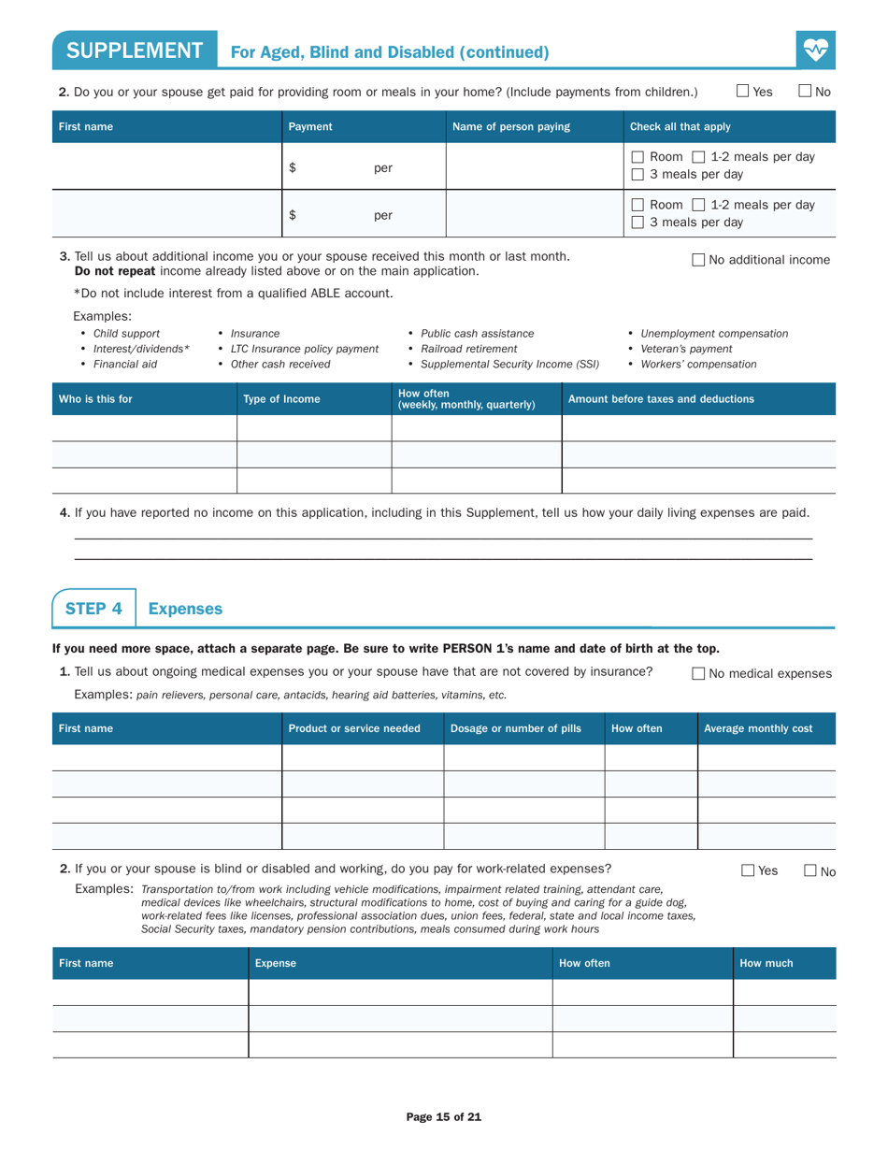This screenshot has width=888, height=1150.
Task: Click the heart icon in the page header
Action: click(816, 49)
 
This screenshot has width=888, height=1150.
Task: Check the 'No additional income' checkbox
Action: click(699, 260)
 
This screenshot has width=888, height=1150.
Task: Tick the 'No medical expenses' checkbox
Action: click(699, 673)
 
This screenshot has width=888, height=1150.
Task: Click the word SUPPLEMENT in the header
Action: click(135, 50)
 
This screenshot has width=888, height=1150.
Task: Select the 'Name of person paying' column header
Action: click(510, 126)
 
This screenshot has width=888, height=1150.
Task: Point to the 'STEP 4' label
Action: click(93, 609)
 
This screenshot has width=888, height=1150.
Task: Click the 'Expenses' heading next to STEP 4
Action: click(185, 609)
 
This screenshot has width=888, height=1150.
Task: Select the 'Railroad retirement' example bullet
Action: click(468, 349)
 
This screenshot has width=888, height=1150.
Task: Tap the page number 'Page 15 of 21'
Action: click(444, 1116)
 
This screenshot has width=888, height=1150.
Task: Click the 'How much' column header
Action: click(766, 962)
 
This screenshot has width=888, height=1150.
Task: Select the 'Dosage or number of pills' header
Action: click(515, 728)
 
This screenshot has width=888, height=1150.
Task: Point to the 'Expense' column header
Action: click(275, 962)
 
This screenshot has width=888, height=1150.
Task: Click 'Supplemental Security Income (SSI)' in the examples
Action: click(509, 364)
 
